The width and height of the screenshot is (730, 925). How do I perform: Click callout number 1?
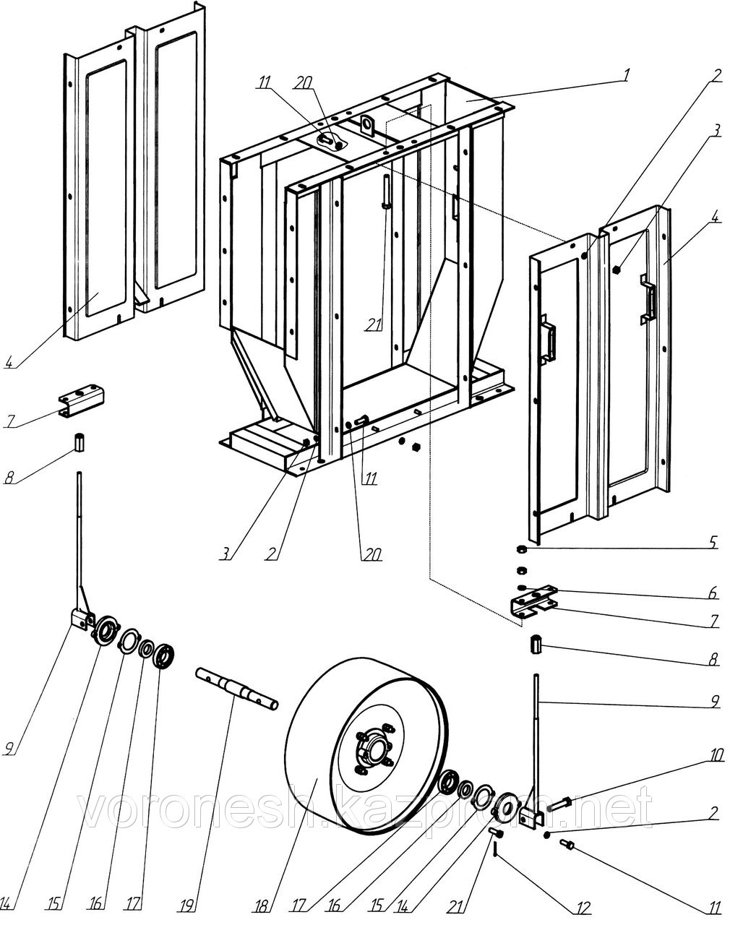(x=627, y=74)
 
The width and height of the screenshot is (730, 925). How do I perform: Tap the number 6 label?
(x=713, y=593)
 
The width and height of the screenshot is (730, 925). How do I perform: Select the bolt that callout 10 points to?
(x=562, y=801)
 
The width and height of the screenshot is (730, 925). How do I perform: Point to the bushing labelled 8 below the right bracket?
(x=536, y=642)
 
